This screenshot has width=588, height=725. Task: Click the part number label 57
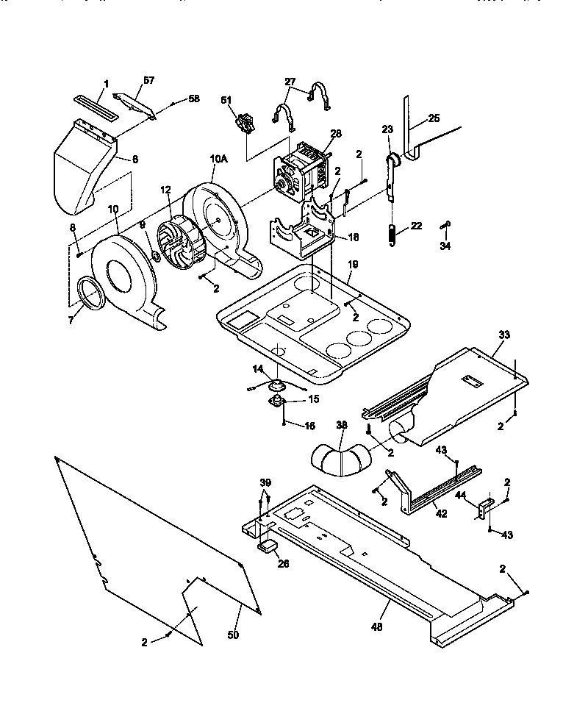point(149,79)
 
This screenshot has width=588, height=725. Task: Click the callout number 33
point(503,335)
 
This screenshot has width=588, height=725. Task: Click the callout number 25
point(434,118)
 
